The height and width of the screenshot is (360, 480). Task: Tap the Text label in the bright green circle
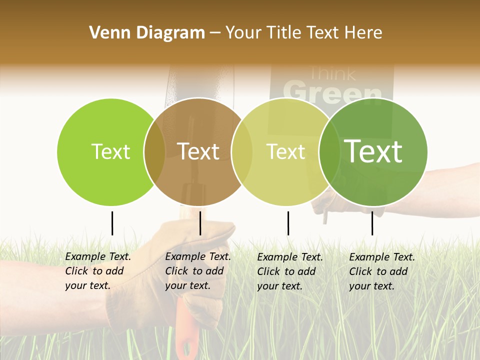[110, 152]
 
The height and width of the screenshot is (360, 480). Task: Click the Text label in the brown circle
[198, 152]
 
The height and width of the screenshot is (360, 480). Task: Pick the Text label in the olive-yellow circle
[285, 152]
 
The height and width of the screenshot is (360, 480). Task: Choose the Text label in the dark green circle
[373, 151]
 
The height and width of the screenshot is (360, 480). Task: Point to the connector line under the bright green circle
[112, 223]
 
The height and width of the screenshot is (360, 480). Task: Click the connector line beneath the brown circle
[200, 223]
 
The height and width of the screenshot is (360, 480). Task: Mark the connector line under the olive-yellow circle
[288, 223]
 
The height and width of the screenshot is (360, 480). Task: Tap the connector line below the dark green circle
[372, 223]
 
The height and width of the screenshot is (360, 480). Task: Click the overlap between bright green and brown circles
[154, 152]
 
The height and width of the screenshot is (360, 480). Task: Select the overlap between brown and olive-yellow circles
[242, 152]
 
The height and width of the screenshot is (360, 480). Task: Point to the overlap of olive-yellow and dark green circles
[329, 152]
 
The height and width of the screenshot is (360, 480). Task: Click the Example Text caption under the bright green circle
[98, 271]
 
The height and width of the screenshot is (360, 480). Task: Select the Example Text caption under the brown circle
[198, 271]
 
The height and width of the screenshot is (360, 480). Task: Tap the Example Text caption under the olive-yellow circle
[290, 271]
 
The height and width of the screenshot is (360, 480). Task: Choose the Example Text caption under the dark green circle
[382, 271]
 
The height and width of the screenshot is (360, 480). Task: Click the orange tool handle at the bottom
[186, 330]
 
